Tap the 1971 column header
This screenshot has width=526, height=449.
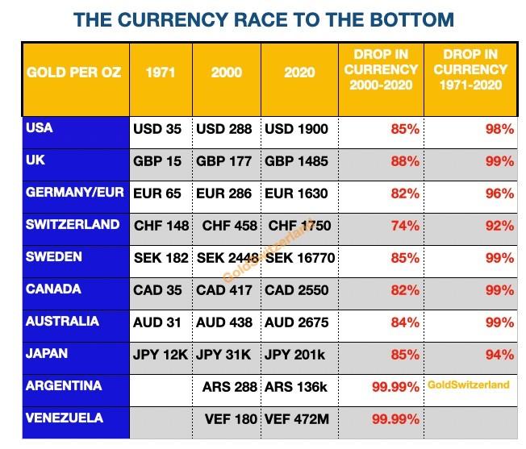click(x=161, y=73)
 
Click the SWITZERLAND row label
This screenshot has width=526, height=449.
click(x=73, y=224)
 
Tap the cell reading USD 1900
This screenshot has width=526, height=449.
click(x=296, y=129)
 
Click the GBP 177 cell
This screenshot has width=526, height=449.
click(x=223, y=161)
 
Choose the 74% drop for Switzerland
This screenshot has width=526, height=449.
click(x=406, y=226)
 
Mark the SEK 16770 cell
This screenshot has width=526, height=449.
click(x=296, y=258)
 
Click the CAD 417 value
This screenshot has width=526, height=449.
click(x=223, y=290)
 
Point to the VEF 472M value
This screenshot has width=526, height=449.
click(x=296, y=419)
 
